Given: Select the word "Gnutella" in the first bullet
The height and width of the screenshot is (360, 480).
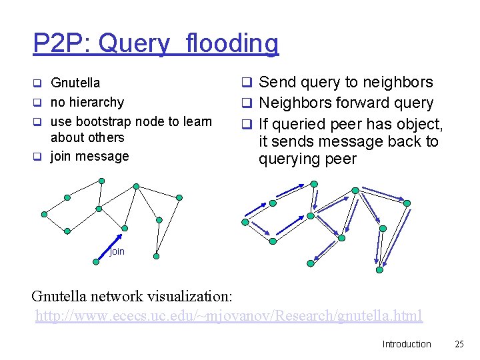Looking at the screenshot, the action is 75,83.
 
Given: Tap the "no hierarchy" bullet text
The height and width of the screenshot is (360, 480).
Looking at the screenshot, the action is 87,102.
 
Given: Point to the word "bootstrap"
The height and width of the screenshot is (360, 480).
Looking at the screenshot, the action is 104,121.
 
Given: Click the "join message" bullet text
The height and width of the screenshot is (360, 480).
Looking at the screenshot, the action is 90,156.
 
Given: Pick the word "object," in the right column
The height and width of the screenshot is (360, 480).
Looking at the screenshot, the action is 417,123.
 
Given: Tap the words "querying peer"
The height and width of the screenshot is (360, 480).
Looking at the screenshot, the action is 307,159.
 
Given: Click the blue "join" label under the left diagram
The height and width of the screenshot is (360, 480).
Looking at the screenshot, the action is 117,251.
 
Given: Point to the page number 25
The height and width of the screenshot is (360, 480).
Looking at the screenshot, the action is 459,344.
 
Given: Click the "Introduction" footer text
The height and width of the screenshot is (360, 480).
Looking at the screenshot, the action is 407,344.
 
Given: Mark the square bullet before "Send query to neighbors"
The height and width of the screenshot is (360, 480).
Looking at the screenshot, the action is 245,83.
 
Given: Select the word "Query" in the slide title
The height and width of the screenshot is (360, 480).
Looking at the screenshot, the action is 133,44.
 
